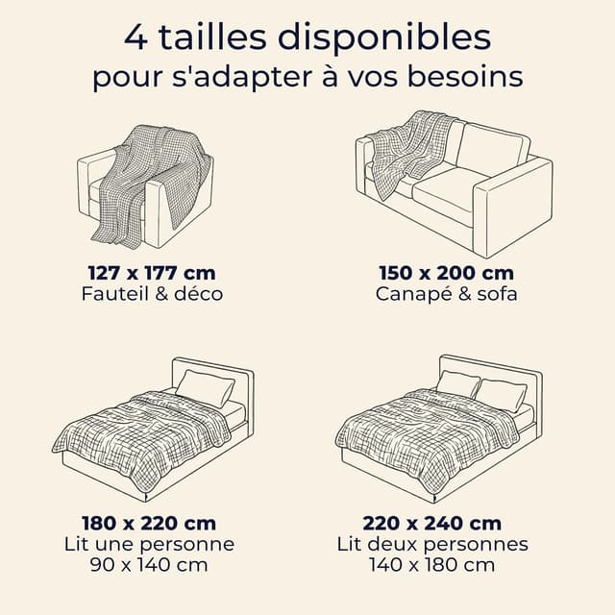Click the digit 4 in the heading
pyautogui.click(x=135, y=37)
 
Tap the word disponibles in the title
pyautogui.click(x=384, y=37)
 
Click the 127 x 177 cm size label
pyautogui.click(x=152, y=273)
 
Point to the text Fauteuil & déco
pyautogui.click(x=152, y=294)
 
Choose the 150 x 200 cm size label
pyautogui.click(x=446, y=273)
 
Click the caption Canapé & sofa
pyautogui.click(x=446, y=295)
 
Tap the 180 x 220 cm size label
pyautogui.click(x=149, y=523)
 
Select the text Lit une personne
pyautogui.click(x=150, y=545)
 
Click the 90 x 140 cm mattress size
pyautogui.click(x=149, y=565)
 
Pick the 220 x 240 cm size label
pyautogui.click(x=432, y=523)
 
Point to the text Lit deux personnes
pyautogui.click(x=432, y=545)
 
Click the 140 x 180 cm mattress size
pyautogui.click(x=432, y=565)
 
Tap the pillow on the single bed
pyautogui.click(x=205, y=388)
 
